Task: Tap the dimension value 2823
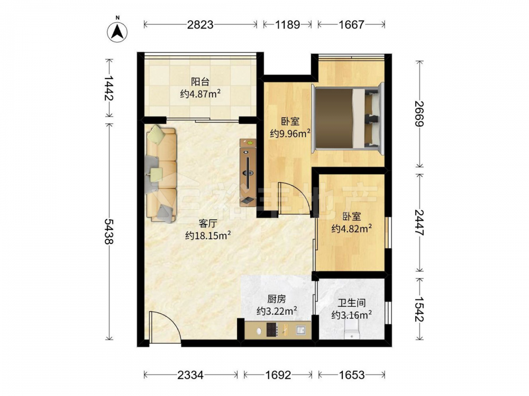(200, 25)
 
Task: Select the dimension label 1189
(287, 25)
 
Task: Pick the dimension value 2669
(419, 114)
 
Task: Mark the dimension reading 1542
(419, 309)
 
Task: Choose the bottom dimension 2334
(190, 375)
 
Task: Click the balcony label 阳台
(200, 81)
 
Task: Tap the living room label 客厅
(207, 223)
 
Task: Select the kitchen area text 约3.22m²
(277, 310)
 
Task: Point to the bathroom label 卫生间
(352, 303)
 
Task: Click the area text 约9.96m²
(290, 134)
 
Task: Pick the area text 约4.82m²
(352, 229)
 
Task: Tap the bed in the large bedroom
(348, 118)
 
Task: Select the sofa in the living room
(161, 174)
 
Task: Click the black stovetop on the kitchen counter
(272, 329)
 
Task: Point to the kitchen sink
(301, 330)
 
